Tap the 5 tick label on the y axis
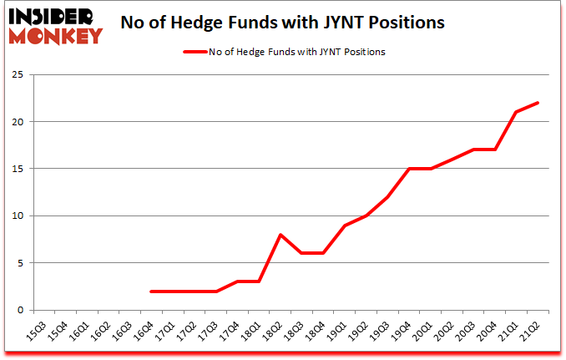point(18,263)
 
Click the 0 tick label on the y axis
point(18,311)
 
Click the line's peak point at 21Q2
point(538,103)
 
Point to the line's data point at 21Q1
point(516,112)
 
